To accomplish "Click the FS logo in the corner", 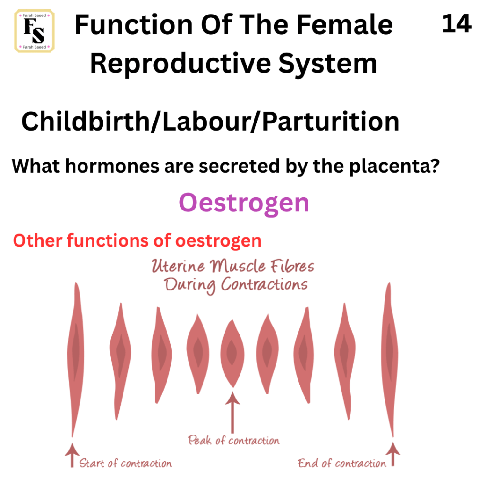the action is pos(34,31).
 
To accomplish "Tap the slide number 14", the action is pos(457,23).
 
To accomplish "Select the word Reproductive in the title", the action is pos(181,64).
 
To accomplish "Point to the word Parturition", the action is pos(331,121).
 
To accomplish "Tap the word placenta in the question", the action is pos(394,167).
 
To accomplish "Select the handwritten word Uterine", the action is pos(178,266).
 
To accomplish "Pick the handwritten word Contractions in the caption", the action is pos(265,284).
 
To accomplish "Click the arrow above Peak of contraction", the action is pos(233,413).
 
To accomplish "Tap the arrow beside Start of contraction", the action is pos(72,455).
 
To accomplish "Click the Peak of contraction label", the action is pos(234,440).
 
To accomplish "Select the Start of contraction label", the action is pos(125,463).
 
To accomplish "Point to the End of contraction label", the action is pos(342,463).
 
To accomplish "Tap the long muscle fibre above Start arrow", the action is pos(75,359).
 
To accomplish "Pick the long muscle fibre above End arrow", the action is pos(390,359).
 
